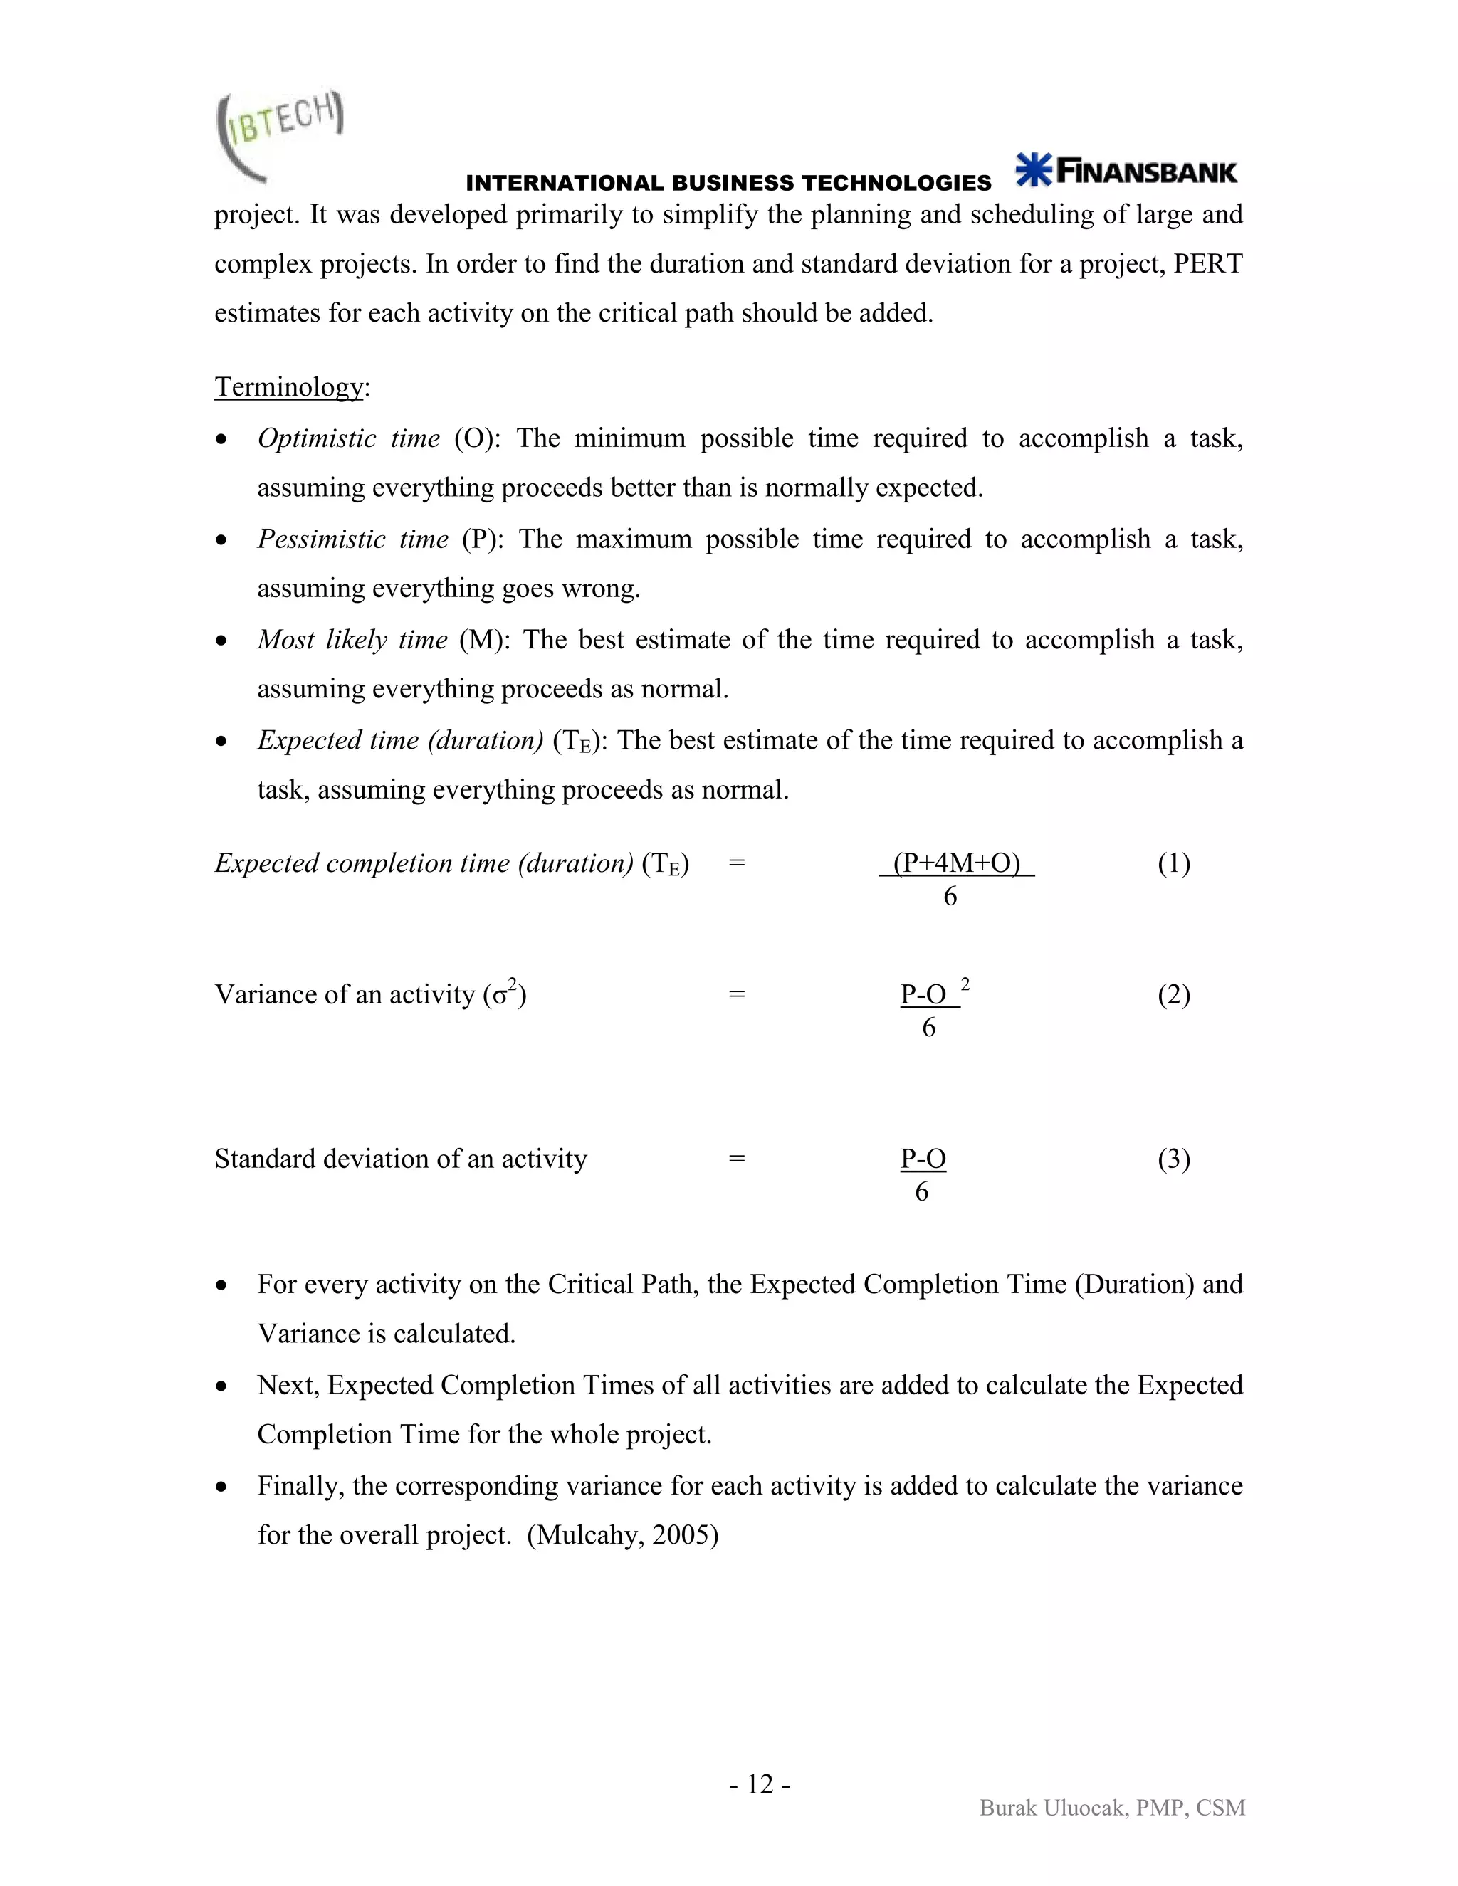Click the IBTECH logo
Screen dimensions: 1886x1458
click(278, 135)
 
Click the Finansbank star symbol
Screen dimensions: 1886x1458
click(1033, 170)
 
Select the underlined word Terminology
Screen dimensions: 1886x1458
click(288, 387)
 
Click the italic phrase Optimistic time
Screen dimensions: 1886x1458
click(349, 438)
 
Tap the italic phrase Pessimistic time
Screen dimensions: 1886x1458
click(352, 539)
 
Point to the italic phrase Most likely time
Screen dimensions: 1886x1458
click(352, 640)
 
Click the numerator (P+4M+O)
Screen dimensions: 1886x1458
click(956, 863)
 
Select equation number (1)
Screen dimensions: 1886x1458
click(1173, 863)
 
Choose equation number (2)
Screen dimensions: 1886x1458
click(1173, 995)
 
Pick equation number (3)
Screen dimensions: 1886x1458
click(1173, 1159)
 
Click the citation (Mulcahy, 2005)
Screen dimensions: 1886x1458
click(622, 1534)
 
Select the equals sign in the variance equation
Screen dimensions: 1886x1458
click(736, 995)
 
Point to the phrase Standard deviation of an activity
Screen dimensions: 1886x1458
click(400, 1159)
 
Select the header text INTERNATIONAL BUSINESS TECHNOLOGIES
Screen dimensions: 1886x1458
click(728, 183)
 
